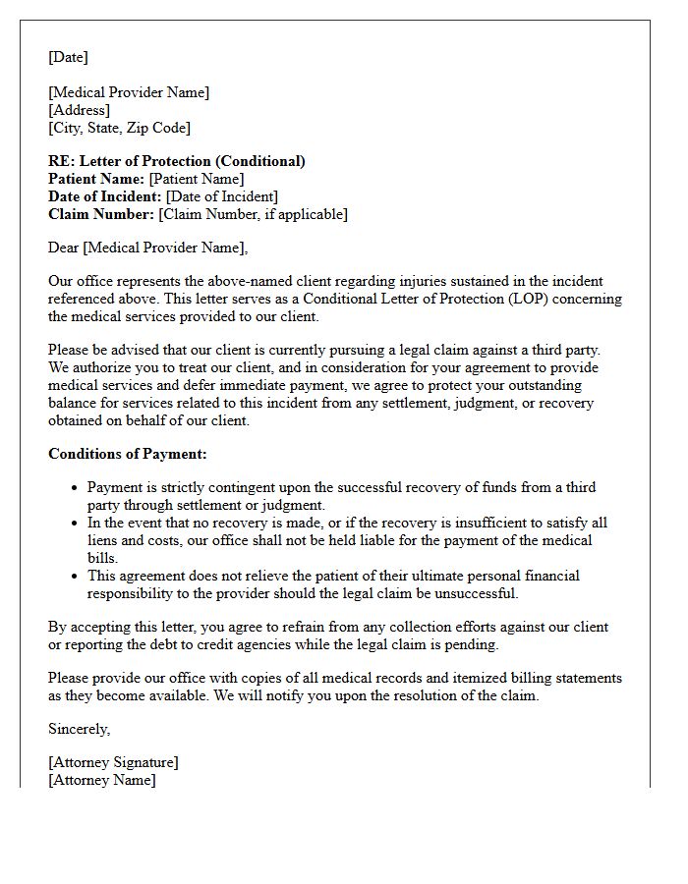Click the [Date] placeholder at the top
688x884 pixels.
point(68,57)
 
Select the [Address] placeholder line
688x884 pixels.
point(79,110)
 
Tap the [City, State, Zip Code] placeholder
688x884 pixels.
point(119,128)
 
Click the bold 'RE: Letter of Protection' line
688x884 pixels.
point(177,161)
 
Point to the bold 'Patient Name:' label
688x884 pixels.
point(96,179)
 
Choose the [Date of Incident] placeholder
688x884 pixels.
point(221,196)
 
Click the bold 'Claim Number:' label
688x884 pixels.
point(101,214)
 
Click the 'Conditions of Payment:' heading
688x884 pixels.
point(128,454)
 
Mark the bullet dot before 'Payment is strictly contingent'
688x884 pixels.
point(75,488)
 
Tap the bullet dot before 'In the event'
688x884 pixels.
point(75,524)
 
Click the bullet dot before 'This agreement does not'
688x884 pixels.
point(75,577)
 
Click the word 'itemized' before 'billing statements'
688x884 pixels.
point(442,678)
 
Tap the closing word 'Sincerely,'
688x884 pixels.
point(80,729)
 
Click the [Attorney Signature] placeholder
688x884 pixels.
point(113,762)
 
